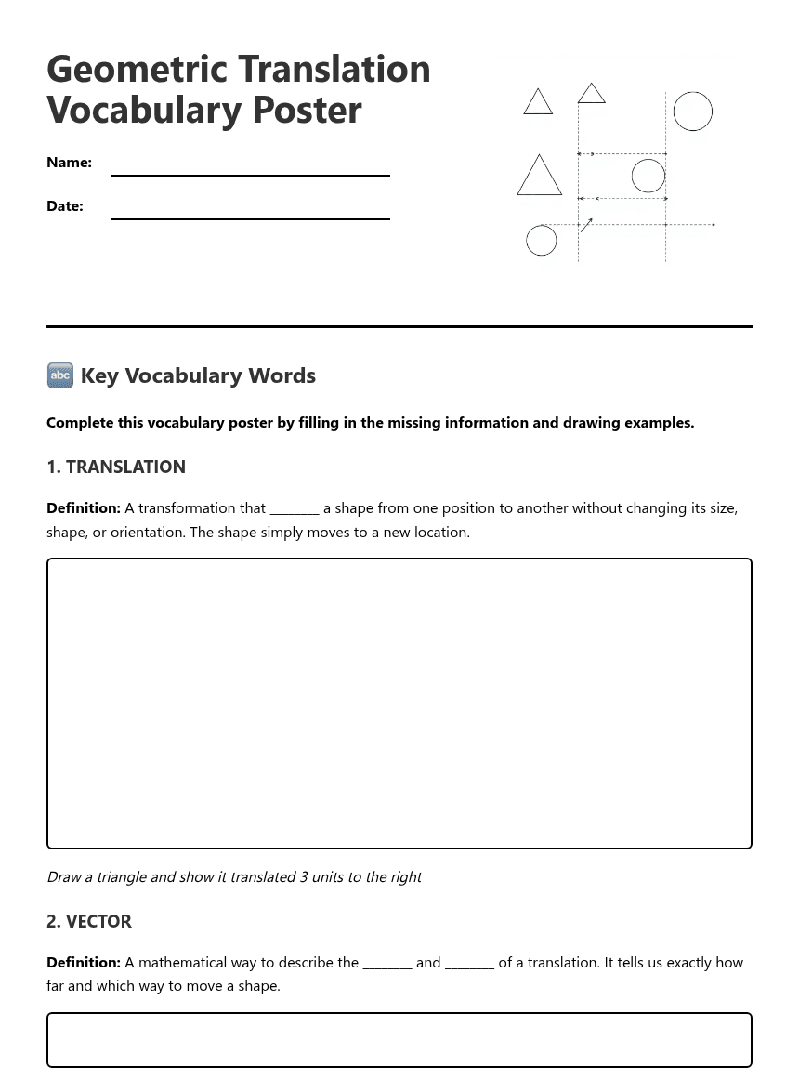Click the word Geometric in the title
[x=136, y=70]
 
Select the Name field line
[x=250, y=174]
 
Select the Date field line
[x=250, y=217]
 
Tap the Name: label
[x=69, y=163]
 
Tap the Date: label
[x=65, y=206]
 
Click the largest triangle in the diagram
[x=539, y=177]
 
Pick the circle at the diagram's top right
[x=692, y=112]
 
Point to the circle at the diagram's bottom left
[x=541, y=241]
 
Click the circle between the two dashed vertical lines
[x=648, y=176]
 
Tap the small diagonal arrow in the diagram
[x=586, y=225]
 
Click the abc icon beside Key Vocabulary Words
[x=59, y=375]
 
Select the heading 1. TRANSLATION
[x=116, y=467]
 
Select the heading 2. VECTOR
[x=89, y=922]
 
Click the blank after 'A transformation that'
[x=295, y=509]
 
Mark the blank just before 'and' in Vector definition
[x=386, y=964]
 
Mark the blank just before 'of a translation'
[x=469, y=964]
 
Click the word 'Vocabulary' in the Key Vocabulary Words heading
[x=183, y=375]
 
